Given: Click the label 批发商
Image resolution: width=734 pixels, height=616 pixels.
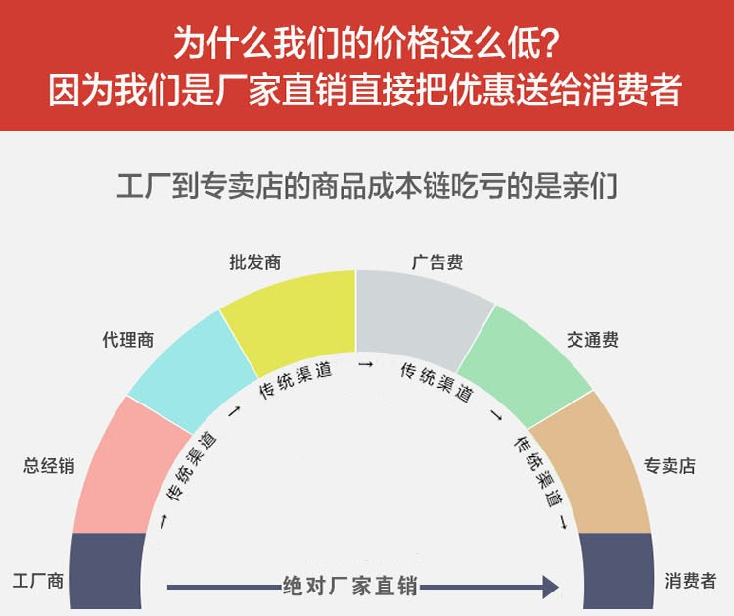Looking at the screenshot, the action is click(255, 262).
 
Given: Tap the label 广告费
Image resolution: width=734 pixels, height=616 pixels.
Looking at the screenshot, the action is click(437, 262).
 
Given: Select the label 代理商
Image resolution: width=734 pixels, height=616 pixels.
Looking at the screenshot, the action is click(128, 340).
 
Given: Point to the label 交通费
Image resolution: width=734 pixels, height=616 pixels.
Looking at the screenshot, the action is click(592, 340).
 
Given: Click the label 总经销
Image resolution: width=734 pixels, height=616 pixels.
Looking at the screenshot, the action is click(49, 465).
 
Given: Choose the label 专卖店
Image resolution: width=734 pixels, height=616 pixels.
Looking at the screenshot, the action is click(669, 465).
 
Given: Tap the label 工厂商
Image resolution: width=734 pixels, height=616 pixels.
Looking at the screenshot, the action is click(38, 581).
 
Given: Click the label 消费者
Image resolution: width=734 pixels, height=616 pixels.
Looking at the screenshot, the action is click(691, 581).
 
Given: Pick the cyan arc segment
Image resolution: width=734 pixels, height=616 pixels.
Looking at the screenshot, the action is click(192, 370).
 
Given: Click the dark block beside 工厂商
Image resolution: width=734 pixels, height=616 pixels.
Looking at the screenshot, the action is click(108, 571).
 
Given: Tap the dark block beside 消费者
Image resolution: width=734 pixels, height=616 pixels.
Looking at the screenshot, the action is click(617, 571).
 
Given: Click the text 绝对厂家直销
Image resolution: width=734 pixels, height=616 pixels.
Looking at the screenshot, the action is click(349, 586).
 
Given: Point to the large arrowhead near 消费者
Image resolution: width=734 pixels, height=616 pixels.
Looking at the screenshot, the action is click(550, 587).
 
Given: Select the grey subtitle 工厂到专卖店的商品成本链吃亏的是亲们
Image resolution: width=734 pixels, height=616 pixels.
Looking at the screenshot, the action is click(367, 186).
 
